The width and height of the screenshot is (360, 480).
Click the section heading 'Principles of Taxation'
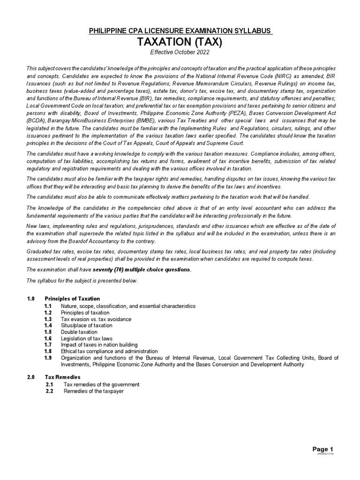(x=72, y=299)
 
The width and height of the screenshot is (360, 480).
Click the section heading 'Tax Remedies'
(x=62, y=377)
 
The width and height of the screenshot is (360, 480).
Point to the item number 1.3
(x=48, y=319)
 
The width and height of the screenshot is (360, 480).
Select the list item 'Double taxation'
(x=79, y=332)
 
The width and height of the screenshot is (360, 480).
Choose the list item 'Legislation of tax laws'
(x=87, y=338)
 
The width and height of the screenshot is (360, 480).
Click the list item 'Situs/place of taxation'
(x=87, y=325)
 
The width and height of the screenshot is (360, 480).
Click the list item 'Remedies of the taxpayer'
(x=94, y=391)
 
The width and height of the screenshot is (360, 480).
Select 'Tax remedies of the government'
(x=101, y=384)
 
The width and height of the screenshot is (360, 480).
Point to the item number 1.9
(x=48, y=358)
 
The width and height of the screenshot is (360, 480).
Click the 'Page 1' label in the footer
(x=323, y=448)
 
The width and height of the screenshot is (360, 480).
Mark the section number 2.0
(x=31, y=377)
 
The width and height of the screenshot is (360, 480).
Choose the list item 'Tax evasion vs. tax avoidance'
(x=96, y=319)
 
